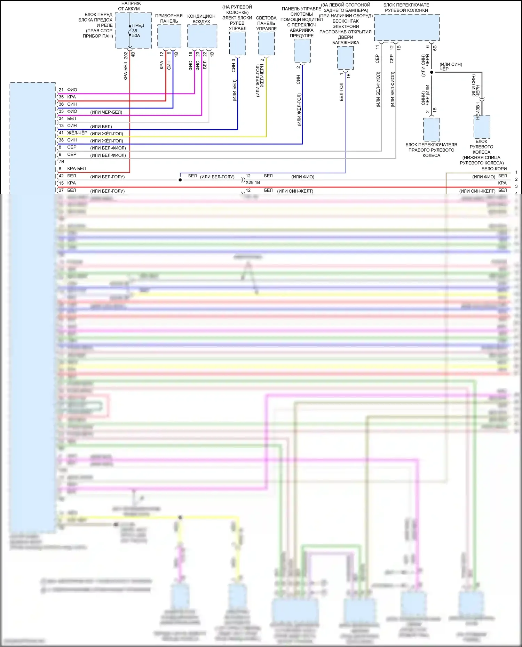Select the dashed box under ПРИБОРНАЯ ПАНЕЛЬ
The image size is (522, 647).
tap(169, 36)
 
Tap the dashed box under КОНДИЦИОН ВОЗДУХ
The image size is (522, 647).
tap(202, 36)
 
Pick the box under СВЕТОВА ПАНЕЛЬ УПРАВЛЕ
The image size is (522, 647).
tap(266, 43)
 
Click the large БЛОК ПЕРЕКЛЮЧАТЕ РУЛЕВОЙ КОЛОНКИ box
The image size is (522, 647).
tap(406, 27)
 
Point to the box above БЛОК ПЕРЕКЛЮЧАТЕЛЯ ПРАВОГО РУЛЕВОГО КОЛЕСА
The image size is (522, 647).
tap(432, 129)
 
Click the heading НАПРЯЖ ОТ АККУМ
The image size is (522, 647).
tap(129, 6)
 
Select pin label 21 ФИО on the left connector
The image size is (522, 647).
tap(68, 90)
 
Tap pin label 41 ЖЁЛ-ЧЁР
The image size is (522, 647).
tap(73, 133)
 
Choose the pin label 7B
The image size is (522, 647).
tap(62, 162)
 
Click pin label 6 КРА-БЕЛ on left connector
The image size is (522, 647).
tap(72, 169)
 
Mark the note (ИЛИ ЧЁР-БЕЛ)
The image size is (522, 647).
tap(106, 112)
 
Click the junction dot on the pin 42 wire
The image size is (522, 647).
tap(180, 180)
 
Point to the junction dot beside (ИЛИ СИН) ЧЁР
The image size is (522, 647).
tap(432, 72)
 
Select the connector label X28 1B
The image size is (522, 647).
tap(253, 183)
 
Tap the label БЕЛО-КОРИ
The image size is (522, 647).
tap(494, 169)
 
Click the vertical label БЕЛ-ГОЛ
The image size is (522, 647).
tap(341, 92)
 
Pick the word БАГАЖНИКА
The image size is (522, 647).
tap(346, 43)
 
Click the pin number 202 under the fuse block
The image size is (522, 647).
tap(126, 55)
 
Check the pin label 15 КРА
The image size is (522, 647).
tap(68, 183)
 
